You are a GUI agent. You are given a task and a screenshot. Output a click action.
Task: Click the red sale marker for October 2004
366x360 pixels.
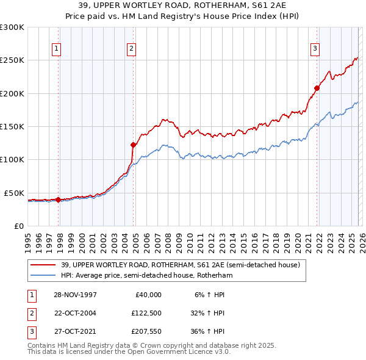click(x=133, y=145)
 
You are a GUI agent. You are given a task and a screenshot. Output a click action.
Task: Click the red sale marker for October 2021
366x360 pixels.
click(x=317, y=88)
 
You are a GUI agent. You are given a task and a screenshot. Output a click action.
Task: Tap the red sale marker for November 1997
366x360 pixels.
click(x=59, y=200)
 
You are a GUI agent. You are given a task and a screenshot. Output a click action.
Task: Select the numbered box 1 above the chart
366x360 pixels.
click(x=56, y=49)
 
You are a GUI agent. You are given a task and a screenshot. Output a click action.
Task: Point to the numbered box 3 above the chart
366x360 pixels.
click(x=315, y=49)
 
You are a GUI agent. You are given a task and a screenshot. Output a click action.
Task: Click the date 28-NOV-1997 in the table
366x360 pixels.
click(x=75, y=294)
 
